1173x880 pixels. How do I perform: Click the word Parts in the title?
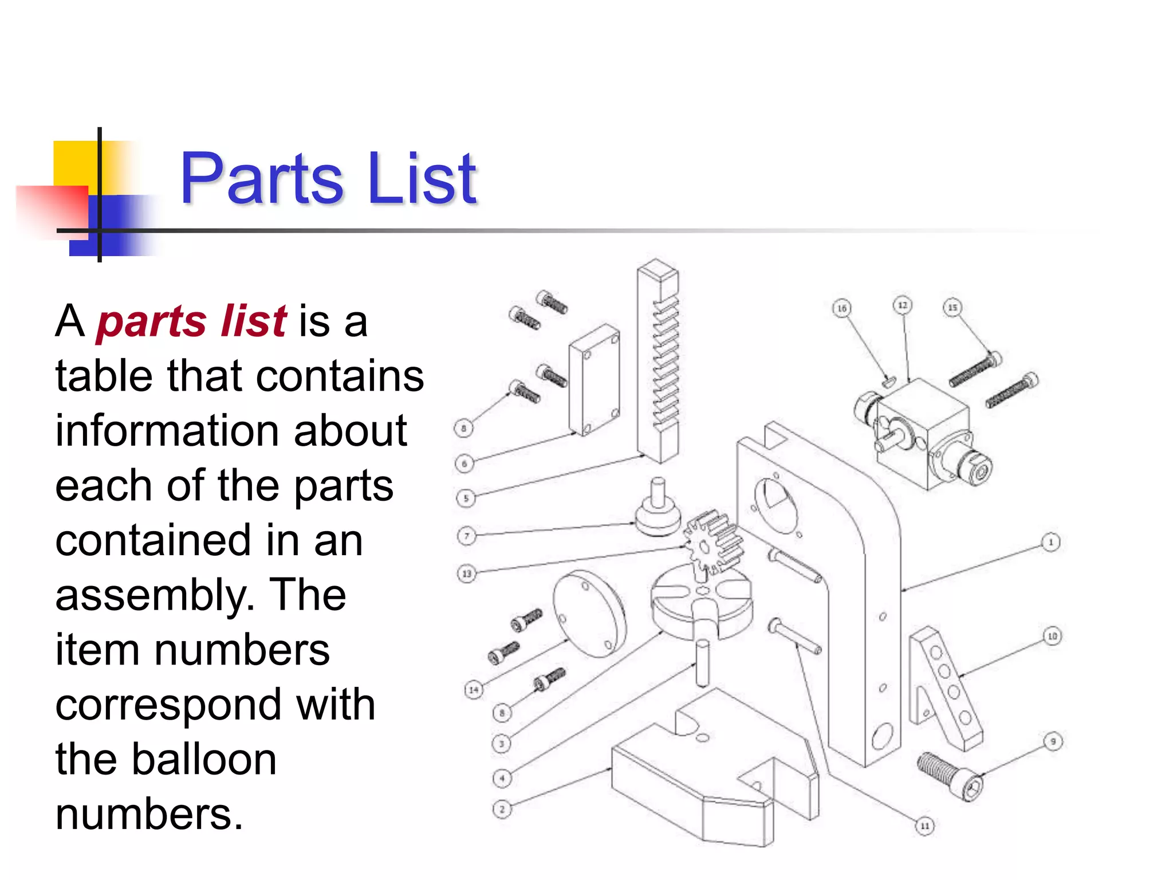click(261, 179)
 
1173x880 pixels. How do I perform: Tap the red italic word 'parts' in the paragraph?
click(151, 321)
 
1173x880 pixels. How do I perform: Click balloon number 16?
click(841, 308)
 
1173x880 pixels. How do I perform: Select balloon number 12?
click(903, 305)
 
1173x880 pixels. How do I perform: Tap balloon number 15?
click(952, 308)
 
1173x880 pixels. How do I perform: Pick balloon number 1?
click(1050, 542)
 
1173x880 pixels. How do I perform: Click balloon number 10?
click(1052, 636)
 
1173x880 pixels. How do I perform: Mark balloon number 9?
click(1053, 741)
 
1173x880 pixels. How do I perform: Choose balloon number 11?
click(924, 826)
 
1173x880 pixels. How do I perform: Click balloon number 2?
click(502, 810)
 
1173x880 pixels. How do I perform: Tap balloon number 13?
click(467, 573)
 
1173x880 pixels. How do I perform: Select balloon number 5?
click(466, 498)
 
